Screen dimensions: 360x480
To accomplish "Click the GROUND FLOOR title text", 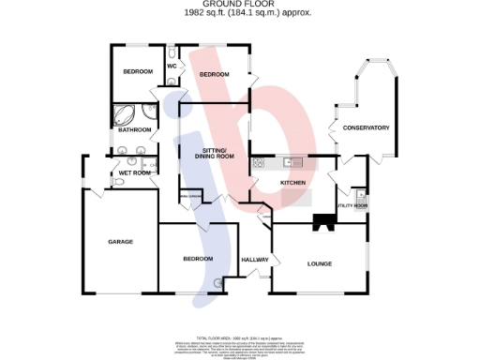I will [x=239, y=4].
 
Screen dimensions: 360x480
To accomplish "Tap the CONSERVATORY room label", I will [x=366, y=127].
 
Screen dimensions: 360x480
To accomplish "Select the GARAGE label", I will [x=120, y=242].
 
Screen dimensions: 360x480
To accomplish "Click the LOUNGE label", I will [x=320, y=263].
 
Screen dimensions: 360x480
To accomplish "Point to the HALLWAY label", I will [x=255, y=260].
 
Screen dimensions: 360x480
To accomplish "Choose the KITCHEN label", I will [x=293, y=183].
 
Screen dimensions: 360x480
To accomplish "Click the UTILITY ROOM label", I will [x=352, y=204].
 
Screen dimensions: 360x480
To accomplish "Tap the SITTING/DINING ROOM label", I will [x=215, y=154].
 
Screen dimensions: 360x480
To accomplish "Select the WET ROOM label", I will [x=134, y=172].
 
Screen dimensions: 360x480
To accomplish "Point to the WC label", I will [x=172, y=67].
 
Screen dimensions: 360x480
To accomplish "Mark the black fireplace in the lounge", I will [x=324, y=222].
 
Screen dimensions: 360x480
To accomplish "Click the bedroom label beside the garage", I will [x=198, y=259].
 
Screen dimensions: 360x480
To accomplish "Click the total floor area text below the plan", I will [x=239, y=335].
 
